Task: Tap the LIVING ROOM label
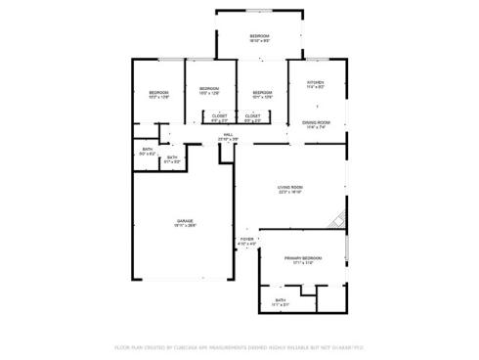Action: (x=290, y=187)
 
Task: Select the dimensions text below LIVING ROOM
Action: (x=290, y=192)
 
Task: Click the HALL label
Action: (x=228, y=134)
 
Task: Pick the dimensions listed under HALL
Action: (x=228, y=139)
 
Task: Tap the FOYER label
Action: (x=246, y=239)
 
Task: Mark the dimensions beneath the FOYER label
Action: (x=246, y=244)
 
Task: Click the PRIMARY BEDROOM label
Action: (x=303, y=257)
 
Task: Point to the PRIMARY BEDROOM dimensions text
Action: (x=303, y=262)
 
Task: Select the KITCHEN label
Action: (x=316, y=82)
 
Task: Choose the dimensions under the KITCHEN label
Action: (x=316, y=87)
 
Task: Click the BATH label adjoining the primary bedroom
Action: (x=281, y=299)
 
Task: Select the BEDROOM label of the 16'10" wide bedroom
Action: (x=259, y=36)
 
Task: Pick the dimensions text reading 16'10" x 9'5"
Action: (x=259, y=41)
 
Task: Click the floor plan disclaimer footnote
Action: (x=239, y=346)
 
